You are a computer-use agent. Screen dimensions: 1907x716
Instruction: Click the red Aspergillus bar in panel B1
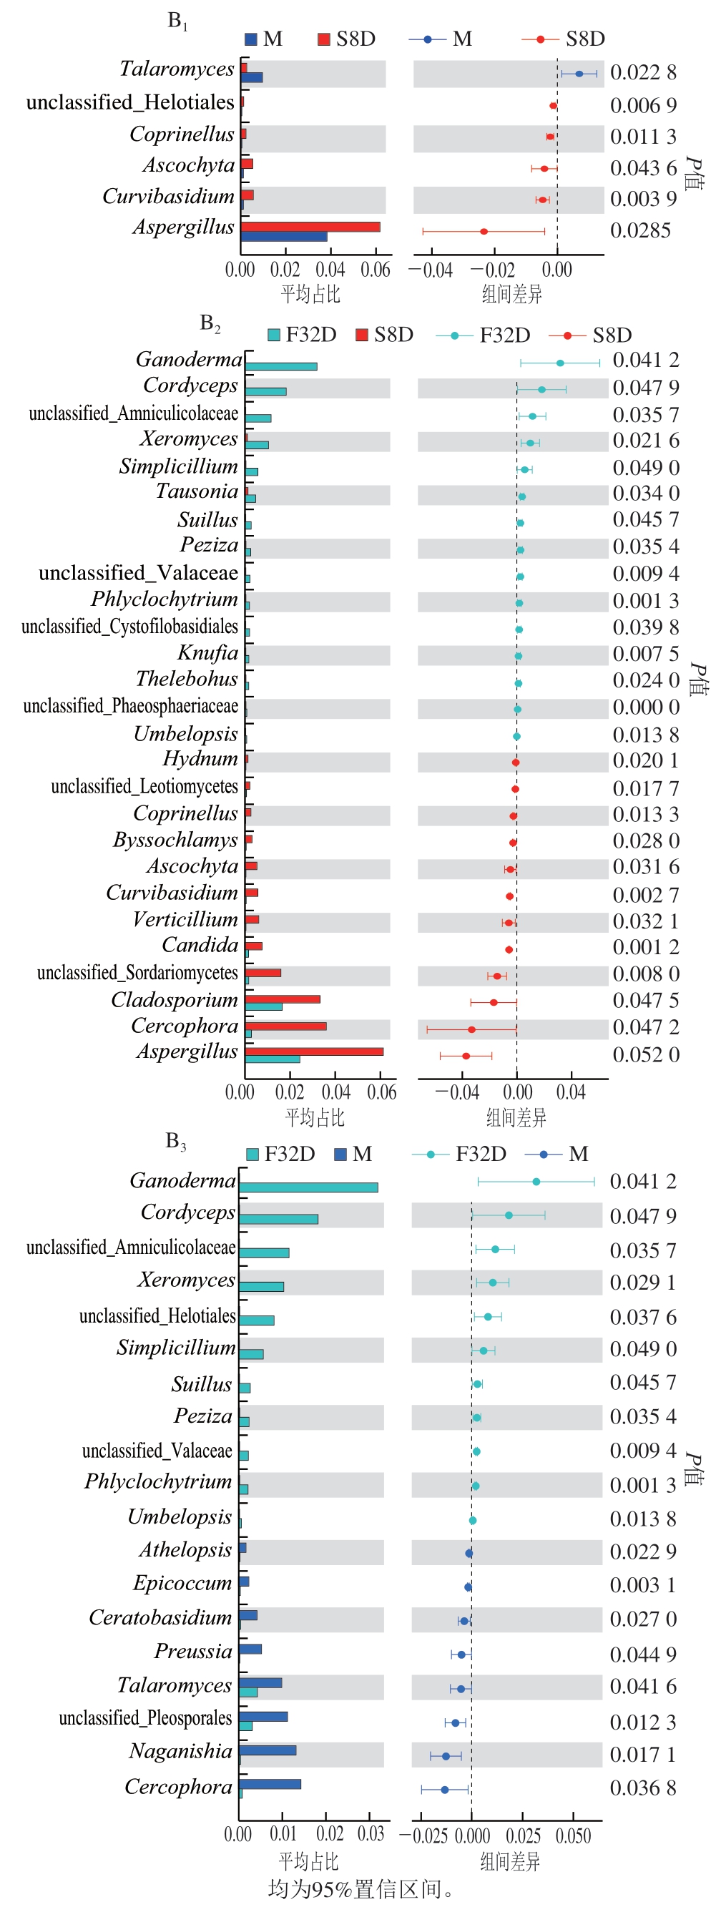[x=310, y=227]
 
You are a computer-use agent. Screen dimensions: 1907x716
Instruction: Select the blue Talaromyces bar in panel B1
[x=252, y=77]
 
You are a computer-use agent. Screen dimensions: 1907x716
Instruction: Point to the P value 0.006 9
[x=643, y=106]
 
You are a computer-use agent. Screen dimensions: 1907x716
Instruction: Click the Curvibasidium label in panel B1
[x=168, y=196]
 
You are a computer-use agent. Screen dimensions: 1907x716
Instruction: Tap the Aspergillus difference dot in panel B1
[x=484, y=232]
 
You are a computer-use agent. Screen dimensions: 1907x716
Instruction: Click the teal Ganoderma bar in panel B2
[x=281, y=366]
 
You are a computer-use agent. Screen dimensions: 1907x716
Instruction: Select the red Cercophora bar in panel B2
[x=286, y=1026]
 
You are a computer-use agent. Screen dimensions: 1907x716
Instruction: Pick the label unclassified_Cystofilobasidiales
[x=129, y=627]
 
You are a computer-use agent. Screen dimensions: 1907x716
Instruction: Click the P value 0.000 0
[x=646, y=707]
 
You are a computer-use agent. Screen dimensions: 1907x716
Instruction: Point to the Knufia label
[x=207, y=653]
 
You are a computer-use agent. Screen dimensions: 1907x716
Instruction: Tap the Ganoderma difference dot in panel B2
[x=560, y=363]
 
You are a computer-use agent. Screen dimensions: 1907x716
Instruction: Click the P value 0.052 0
[x=646, y=1055]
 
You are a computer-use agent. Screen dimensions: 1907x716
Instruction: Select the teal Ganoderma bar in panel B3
[x=308, y=1187]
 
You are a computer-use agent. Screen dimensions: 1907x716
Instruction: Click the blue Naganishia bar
[x=268, y=1750]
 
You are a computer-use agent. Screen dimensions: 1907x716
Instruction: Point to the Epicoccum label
[x=182, y=1583]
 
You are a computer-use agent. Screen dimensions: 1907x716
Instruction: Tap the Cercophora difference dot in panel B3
[x=444, y=1789]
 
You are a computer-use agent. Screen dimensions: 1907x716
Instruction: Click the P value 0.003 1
[x=643, y=1585]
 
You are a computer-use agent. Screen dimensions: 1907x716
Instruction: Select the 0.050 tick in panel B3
[x=573, y=1836]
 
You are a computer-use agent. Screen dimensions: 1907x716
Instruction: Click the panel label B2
[x=210, y=323]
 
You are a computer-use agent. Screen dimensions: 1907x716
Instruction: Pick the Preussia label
[x=192, y=1651]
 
